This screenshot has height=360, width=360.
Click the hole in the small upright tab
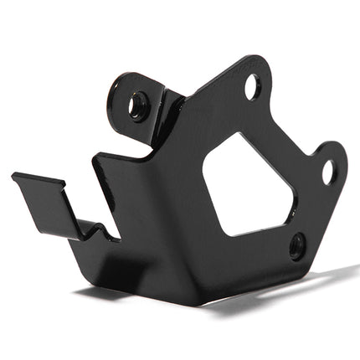tap(136, 105)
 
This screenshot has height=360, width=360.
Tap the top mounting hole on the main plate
tap(252, 86)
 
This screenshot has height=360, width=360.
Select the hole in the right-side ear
tap(328, 172)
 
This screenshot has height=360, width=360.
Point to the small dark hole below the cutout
tap(296, 245)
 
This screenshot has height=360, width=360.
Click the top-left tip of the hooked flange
tap(14, 177)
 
